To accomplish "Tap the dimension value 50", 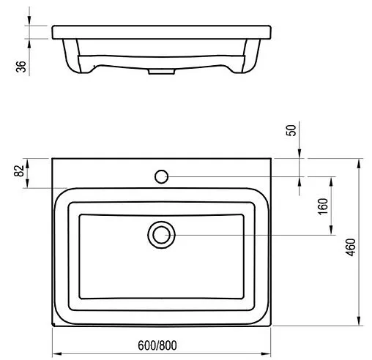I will point(291,130).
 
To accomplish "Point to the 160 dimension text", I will point(322,206).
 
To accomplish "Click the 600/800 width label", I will point(158,345).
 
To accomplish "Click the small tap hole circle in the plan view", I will point(162,176).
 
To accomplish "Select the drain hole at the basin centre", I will point(161,234).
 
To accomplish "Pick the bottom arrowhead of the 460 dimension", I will point(358,322).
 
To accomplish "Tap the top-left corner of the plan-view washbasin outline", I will point(53,158).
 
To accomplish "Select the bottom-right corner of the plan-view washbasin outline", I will point(270,325).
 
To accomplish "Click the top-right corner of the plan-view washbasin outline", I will point(270,158).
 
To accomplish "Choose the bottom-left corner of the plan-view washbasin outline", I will point(53,325).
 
